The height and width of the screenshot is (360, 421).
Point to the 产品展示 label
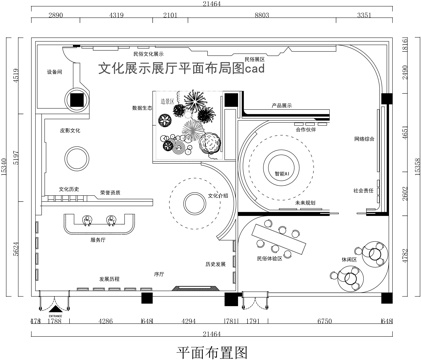281,104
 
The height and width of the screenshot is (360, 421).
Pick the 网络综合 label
364,139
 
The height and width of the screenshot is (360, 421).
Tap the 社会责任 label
363,190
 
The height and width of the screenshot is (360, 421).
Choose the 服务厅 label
98,241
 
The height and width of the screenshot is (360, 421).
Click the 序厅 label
158,271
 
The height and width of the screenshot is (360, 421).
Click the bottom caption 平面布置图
210,350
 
